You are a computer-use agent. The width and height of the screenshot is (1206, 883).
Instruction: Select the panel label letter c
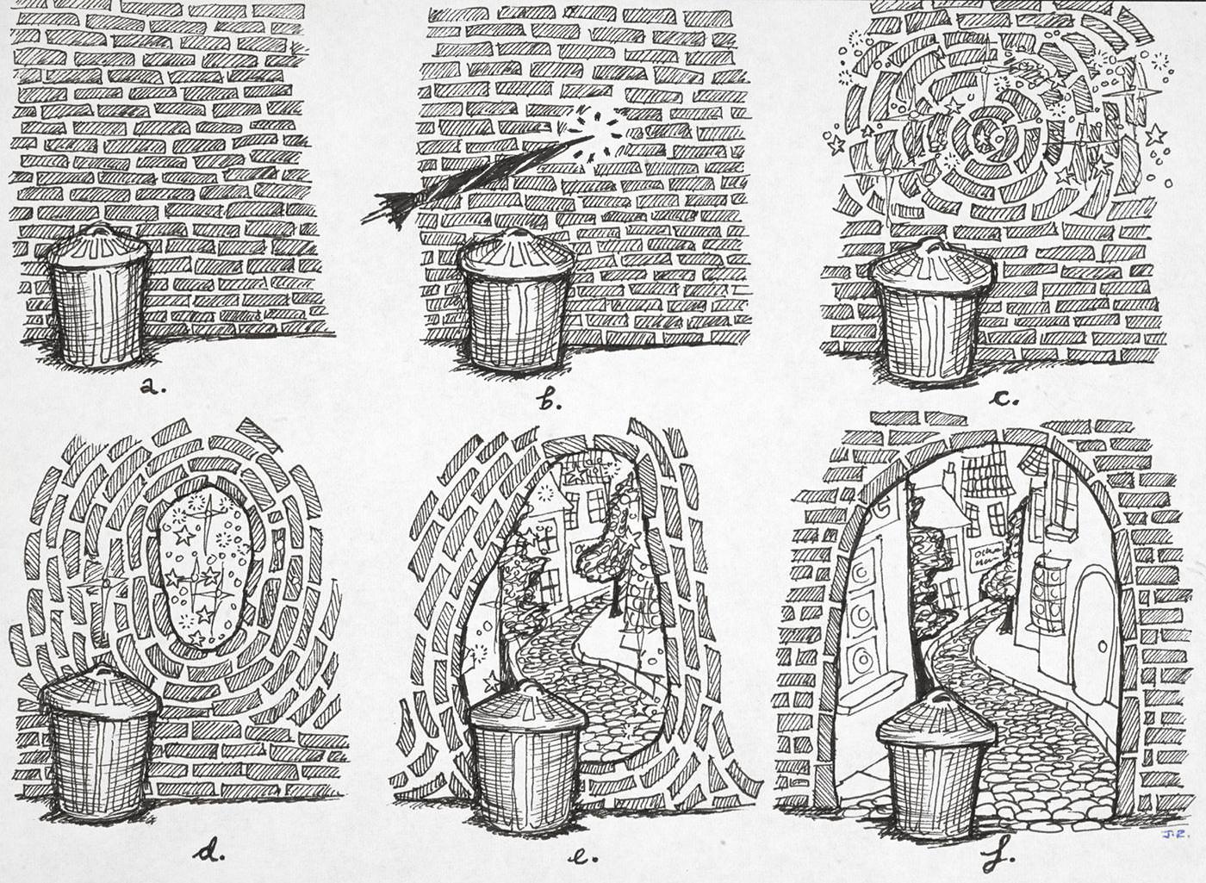click(x=1004, y=398)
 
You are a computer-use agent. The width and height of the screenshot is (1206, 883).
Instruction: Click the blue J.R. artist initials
click(x=1169, y=834)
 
